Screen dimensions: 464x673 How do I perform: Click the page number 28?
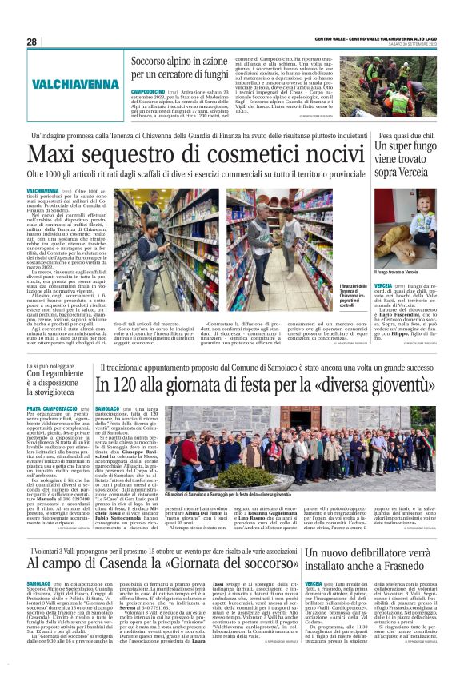pos(31,42)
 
